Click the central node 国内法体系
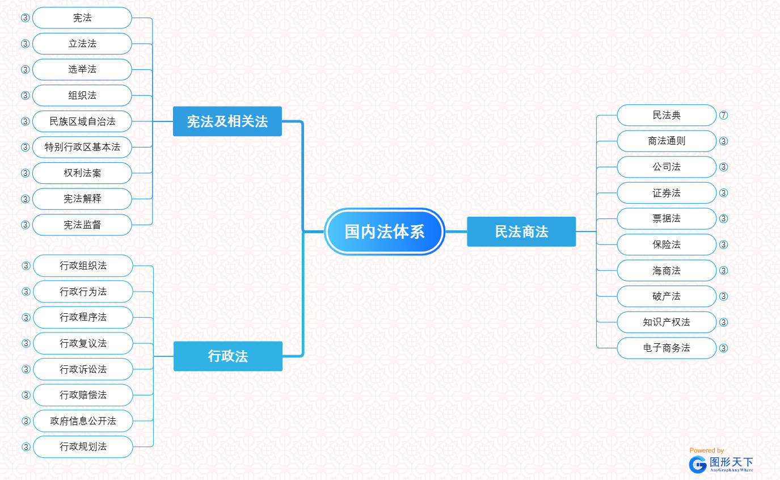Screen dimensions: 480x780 pyautogui.click(x=385, y=231)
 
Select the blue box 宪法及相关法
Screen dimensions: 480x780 pyautogui.click(x=227, y=121)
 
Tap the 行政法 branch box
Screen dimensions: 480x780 pyautogui.click(x=227, y=356)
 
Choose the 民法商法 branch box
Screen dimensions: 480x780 pyautogui.click(x=521, y=231)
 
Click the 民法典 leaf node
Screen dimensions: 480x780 pyautogui.click(x=666, y=115)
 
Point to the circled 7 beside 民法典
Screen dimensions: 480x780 pyautogui.click(x=723, y=115)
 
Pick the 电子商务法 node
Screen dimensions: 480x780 pyautogui.click(x=666, y=348)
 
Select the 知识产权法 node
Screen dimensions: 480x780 pyautogui.click(x=666, y=322)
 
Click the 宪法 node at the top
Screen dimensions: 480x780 pyautogui.click(x=82, y=18)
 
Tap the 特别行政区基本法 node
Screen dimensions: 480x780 pyautogui.click(x=82, y=147)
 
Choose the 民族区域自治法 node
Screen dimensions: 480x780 pyautogui.click(x=82, y=121)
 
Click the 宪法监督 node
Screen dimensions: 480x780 pyautogui.click(x=82, y=225)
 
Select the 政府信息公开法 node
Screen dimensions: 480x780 pyautogui.click(x=83, y=421)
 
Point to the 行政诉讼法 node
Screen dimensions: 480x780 pyautogui.click(x=83, y=369)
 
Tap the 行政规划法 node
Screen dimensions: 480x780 pyautogui.click(x=83, y=447)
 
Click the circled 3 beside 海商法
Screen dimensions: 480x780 pyautogui.click(x=723, y=271)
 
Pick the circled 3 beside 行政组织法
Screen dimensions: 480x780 pyautogui.click(x=26, y=266)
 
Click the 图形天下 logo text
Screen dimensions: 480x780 pyautogui.click(x=731, y=462)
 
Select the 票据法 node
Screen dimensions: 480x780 pyautogui.click(x=666, y=218)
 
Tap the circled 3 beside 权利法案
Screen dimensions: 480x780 pyautogui.click(x=25, y=173)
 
